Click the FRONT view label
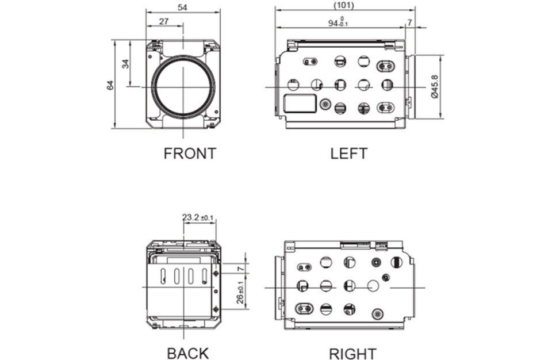pyautogui.click(x=190, y=154)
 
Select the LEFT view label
pyautogui.click(x=348, y=154)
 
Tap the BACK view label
pyautogui.click(x=187, y=353)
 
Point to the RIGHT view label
pyautogui.click(x=352, y=353)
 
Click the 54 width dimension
pyautogui.click(x=183, y=6)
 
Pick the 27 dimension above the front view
pyautogui.click(x=163, y=21)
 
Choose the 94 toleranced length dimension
pyautogui.click(x=338, y=23)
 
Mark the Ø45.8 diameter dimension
pyautogui.click(x=434, y=87)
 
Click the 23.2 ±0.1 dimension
pyautogui.click(x=198, y=217)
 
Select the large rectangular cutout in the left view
pyautogui.click(x=300, y=104)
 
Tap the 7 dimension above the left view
pyautogui.click(x=409, y=22)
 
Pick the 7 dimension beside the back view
pyautogui.click(x=241, y=268)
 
